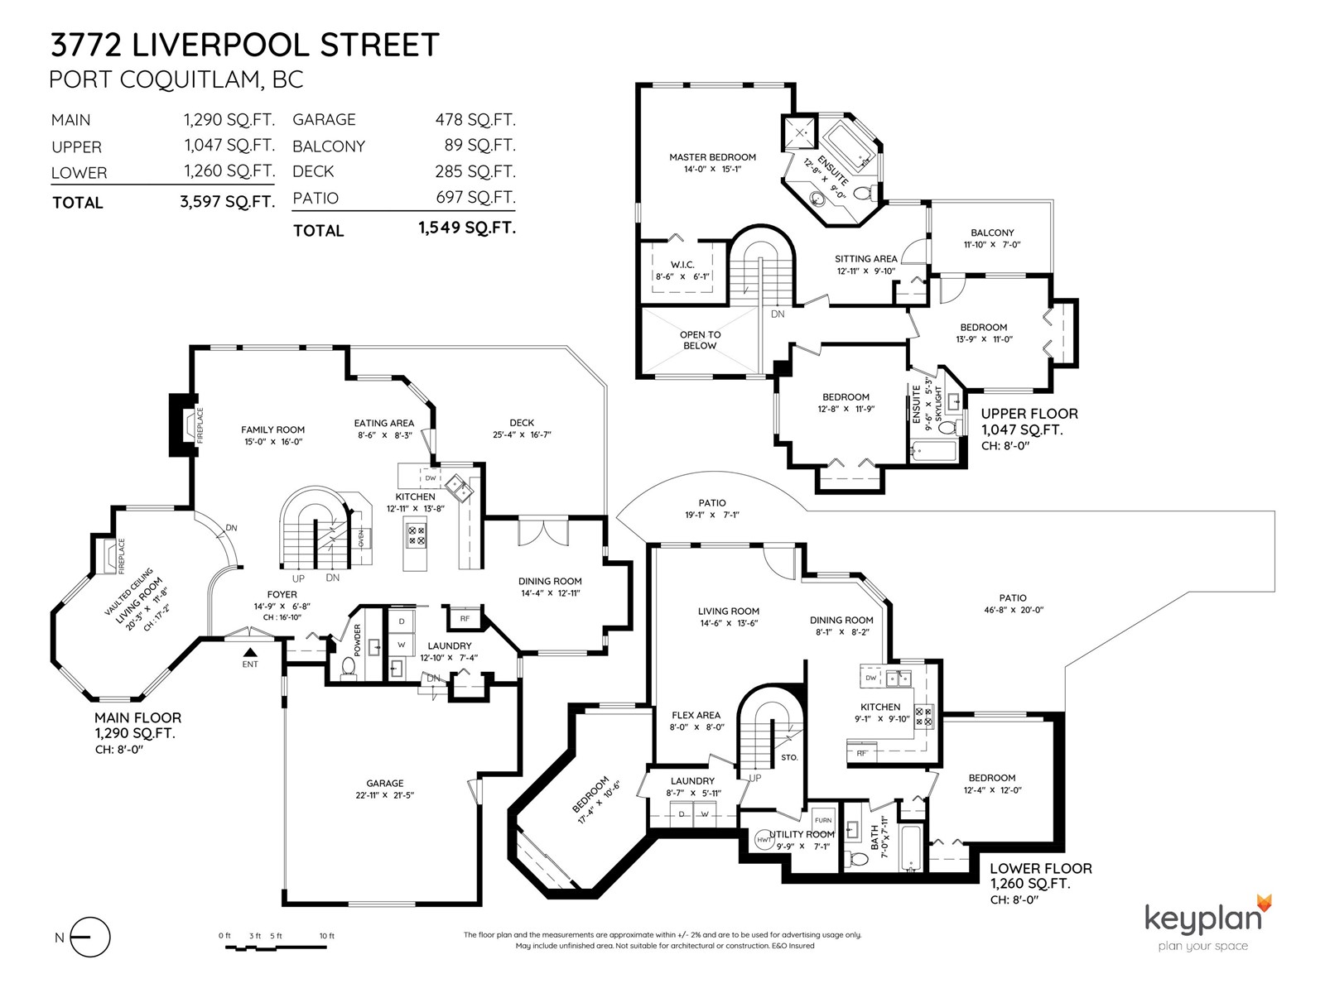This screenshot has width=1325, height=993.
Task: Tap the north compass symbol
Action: click(90, 938)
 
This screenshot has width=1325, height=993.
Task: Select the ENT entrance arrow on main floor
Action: click(251, 652)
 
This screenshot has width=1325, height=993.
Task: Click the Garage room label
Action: click(384, 783)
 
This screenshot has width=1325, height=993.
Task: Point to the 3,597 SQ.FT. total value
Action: click(227, 201)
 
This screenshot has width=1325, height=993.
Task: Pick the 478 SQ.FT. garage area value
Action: click(475, 119)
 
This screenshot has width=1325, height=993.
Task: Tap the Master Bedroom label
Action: click(712, 156)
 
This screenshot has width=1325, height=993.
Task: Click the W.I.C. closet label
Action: click(682, 265)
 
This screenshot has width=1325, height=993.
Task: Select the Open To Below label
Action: click(701, 340)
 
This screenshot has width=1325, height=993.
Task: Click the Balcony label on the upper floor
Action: click(992, 233)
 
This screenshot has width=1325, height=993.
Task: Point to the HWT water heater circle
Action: click(764, 839)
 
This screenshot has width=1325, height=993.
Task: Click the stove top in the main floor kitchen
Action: click(417, 535)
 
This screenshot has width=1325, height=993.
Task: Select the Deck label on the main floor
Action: click(522, 423)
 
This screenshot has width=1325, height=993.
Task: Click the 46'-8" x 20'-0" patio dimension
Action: click(1014, 610)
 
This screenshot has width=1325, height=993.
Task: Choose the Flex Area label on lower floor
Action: click(696, 715)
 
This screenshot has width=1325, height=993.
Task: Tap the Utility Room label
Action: click(802, 834)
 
